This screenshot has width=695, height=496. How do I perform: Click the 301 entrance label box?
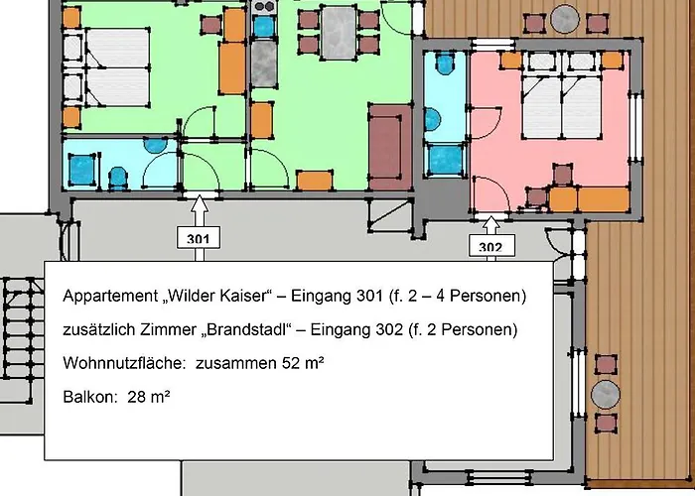tap(198, 238)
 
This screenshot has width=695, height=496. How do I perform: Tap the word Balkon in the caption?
tap(85, 396)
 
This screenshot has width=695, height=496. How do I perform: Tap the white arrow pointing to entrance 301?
tap(198, 209)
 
